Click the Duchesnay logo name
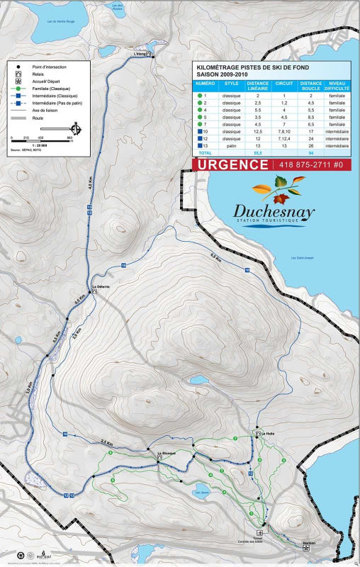pos(270,210)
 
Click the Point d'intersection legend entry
pos(49,67)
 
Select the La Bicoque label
pos(166,453)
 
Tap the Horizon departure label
pos(308,543)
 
